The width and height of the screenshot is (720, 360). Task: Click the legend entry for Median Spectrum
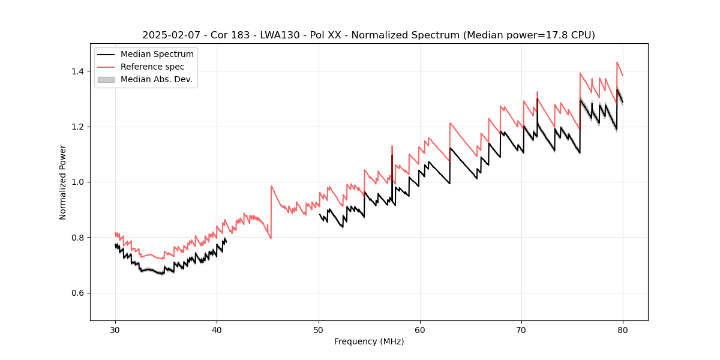[x=157, y=55]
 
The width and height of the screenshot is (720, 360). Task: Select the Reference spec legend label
[x=152, y=67]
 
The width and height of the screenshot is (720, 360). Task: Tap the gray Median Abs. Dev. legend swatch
[x=106, y=79]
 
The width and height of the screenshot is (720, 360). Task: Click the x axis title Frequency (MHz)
[x=369, y=341]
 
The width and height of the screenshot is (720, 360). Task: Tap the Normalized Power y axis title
[x=63, y=182]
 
